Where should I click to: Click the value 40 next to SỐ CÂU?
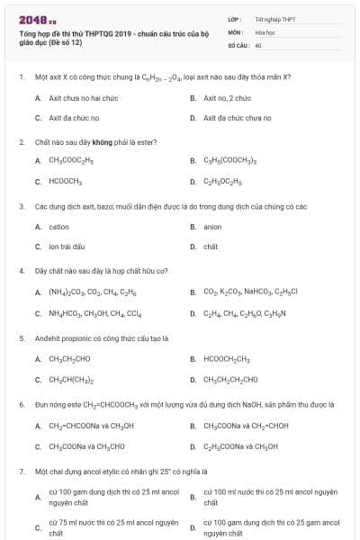click(258, 43)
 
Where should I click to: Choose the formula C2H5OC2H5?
click(225, 182)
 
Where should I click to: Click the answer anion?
click(212, 227)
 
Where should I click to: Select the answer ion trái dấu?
click(67, 247)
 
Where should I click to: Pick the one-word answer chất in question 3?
click(211, 247)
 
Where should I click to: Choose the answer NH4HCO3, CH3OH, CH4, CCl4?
click(94, 313)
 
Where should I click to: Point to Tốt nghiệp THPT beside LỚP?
click(274, 18)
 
